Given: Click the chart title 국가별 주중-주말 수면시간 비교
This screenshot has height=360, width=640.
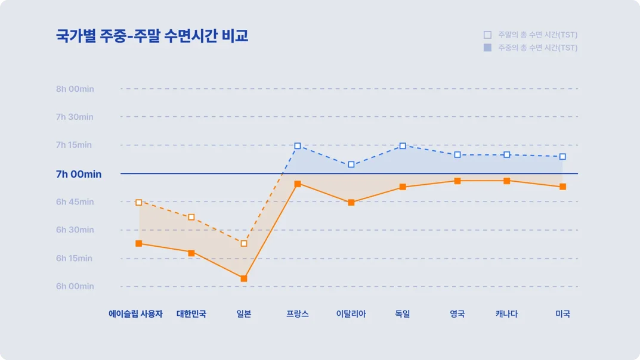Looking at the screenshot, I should tap(152, 36).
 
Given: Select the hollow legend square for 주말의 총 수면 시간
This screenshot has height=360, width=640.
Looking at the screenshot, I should tap(487, 35).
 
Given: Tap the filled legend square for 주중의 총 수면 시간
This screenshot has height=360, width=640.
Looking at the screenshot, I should tap(487, 48).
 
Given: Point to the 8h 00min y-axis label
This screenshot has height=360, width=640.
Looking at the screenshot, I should tap(75, 89).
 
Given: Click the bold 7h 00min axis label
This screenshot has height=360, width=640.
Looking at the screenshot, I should tap(79, 174).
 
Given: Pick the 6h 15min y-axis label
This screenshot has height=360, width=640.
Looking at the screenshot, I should tap(75, 258).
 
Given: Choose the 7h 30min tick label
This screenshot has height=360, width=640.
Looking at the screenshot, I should tap(75, 117).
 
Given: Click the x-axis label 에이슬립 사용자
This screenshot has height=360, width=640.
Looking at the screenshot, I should tap(135, 314).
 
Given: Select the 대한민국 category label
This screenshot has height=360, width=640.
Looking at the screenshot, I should tap(191, 314).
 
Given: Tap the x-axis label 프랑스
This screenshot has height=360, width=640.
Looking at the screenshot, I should tap(298, 314).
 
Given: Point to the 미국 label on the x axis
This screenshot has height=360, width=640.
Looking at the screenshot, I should tap(562, 314).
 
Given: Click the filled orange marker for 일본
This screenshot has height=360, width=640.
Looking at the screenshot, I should tap(244, 278).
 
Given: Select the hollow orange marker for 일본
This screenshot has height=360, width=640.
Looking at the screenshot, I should tap(244, 243).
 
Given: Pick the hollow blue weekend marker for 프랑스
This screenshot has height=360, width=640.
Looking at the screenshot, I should tap(298, 146).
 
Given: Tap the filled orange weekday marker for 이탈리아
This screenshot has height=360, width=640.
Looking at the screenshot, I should tap(351, 203).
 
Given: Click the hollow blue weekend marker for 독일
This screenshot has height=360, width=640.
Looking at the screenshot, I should tap(403, 146).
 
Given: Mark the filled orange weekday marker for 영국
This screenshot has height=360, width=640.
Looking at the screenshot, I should tap(457, 181).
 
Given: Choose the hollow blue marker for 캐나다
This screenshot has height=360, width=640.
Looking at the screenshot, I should tap(506, 155).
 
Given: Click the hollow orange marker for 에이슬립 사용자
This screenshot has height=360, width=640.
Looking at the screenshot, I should tap(139, 203).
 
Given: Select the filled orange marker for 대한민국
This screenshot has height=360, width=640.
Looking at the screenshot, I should tap(191, 253).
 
